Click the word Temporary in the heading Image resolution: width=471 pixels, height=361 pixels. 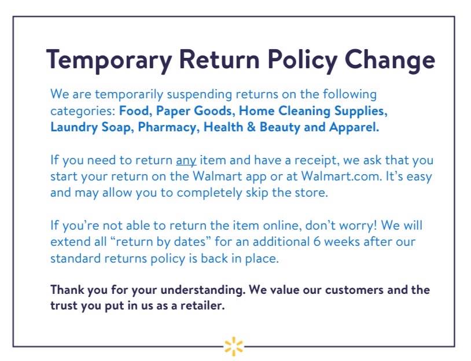coord(109,60)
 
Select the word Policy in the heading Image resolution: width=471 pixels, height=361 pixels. coord(303,60)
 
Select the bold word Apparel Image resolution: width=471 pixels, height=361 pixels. coord(354,128)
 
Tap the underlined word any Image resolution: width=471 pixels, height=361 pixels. coord(186,161)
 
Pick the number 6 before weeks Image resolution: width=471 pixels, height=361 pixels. coord(317,242)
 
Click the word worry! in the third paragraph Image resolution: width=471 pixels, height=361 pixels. coord(358,226)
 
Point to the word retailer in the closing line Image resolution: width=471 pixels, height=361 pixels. coord(203,305)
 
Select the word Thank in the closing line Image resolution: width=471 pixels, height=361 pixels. coord(65,290)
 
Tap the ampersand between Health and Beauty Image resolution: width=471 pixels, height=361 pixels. coord(251,127)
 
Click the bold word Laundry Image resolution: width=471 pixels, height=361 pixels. coord(74,128)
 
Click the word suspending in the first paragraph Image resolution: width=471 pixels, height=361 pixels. coord(200,95)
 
